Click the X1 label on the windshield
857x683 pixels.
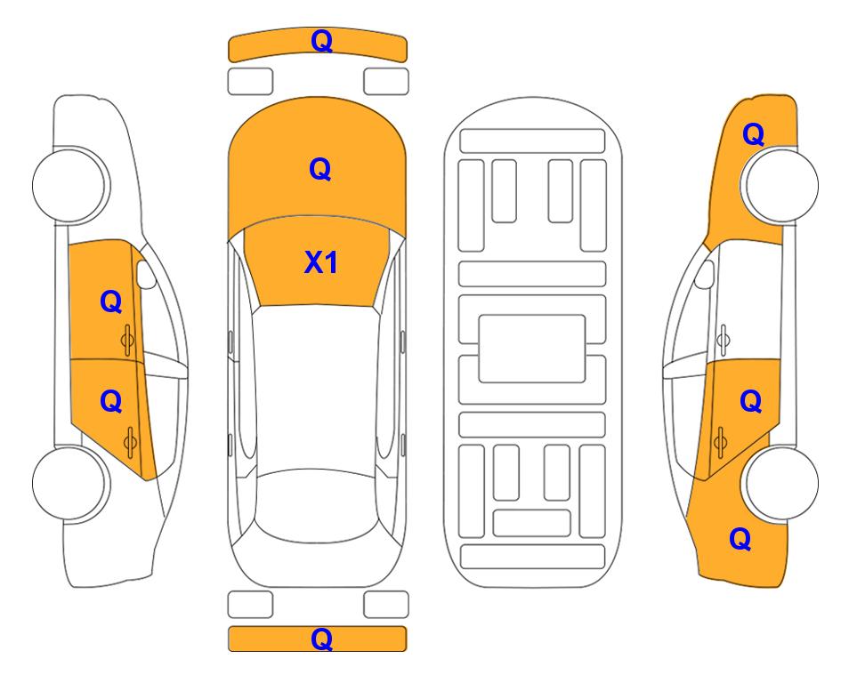click(x=321, y=263)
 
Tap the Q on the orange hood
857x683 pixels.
click(x=320, y=169)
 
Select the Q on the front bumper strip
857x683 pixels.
click(x=322, y=41)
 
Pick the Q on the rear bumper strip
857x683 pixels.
click(x=322, y=639)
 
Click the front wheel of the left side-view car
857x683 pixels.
click(x=69, y=185)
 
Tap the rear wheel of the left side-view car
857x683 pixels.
click(x=69, y=483)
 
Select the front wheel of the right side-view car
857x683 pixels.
click(x=781, y=185)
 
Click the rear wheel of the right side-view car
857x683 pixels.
click(x=781, y=483)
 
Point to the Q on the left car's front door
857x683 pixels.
click(x=111, y=301)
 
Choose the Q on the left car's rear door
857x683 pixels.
click(x=111, y=402)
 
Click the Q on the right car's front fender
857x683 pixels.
click(x=753, y=134)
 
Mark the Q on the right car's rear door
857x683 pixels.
click(x=751, y=402)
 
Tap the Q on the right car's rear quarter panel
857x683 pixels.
click(x=740, y=539)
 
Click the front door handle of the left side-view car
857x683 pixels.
click(x=128, y=340)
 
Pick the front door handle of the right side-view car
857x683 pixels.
click(x=724, y=340)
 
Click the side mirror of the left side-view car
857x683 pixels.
click(x=146, y=274)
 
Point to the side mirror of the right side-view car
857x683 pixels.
click(x=705, y=274)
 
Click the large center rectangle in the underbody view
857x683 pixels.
click(x=532, y=349)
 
